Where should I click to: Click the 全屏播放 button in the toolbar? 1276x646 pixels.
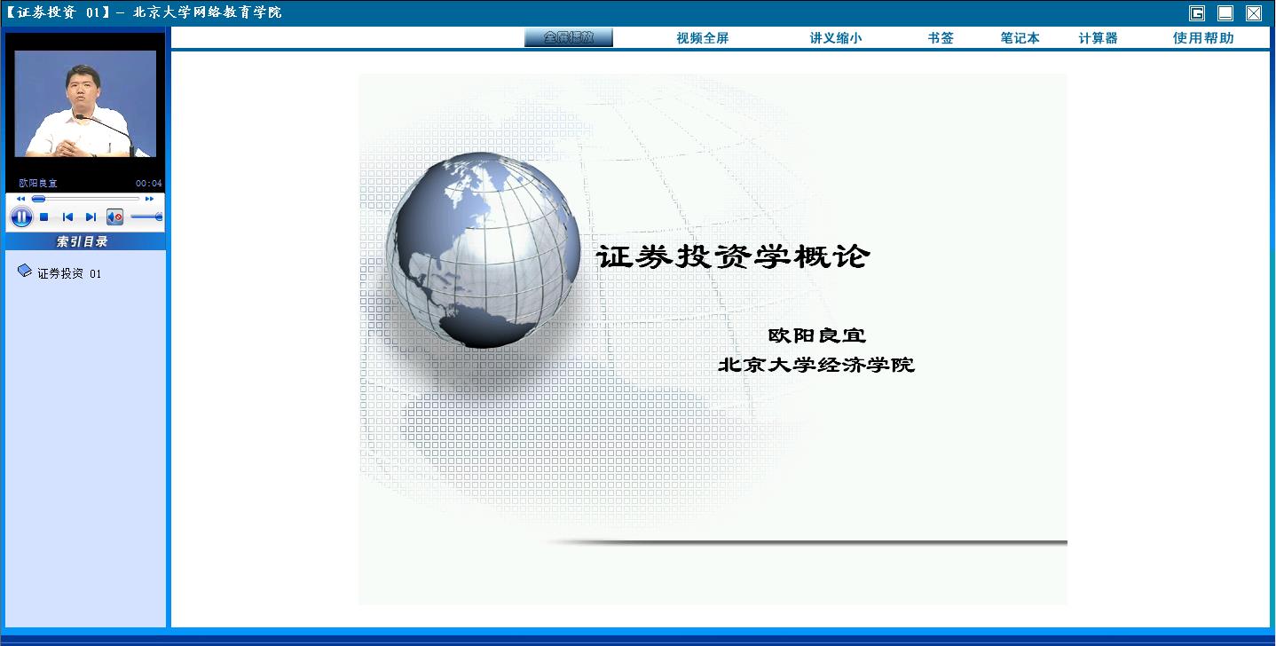coord(569,37)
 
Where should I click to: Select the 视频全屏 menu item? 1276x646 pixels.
coord(703,38)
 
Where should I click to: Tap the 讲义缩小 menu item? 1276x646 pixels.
coord(836,38)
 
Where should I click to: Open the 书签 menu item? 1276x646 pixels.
coord(941,38)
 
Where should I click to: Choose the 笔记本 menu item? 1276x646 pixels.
coord(1020,38)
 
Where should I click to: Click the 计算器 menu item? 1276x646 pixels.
coord(1098,38)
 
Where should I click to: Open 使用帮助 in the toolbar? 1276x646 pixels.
coord(1203,38)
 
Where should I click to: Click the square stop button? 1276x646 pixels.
coord(43,217)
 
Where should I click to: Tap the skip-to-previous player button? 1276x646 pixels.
coord(67,217)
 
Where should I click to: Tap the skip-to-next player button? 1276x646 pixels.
coord(91,217)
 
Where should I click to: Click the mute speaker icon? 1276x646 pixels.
coord(114,217)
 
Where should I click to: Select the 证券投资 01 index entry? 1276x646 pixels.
coord(69,273)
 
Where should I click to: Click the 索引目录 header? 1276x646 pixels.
coord(82,241)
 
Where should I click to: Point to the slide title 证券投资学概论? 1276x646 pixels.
coord(733,256)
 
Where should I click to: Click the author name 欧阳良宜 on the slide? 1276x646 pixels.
coord(817,335)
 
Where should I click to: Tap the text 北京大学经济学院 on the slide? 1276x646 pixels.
coord(816,365)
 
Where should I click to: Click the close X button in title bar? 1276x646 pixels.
coord(1254,13)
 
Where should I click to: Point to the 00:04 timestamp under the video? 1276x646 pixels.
coord(149,184)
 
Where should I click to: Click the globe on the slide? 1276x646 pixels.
coord(483,250)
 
